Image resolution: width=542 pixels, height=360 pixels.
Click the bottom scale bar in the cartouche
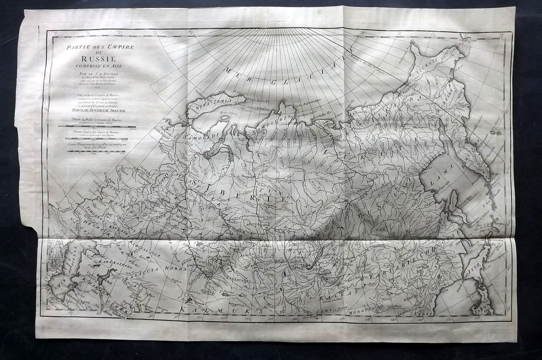click(x=97, y=151)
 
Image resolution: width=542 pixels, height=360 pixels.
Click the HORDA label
click(x=172, y=269)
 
